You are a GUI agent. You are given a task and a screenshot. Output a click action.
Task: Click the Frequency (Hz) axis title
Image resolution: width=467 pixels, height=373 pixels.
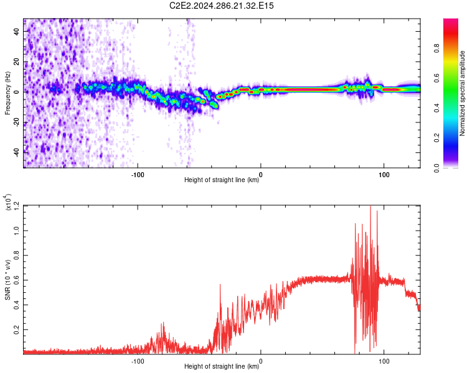tap(8, 93)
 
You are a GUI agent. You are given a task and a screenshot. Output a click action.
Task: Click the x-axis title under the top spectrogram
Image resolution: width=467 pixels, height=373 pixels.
tap(222, 181)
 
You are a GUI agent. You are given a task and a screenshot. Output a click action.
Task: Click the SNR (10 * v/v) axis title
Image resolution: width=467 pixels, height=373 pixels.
tap(8, 280)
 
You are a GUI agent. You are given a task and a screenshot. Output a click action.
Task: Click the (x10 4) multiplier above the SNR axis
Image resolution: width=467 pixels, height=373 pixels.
tap(8, 203)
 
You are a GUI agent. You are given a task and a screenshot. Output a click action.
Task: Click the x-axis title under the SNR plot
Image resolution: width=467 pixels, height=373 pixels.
tap(222, 367)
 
